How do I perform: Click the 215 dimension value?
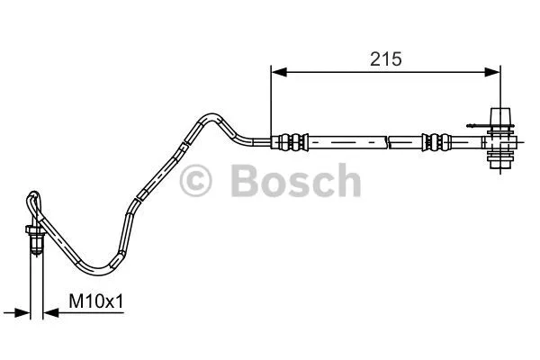[385, 58]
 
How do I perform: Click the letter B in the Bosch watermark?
[246, 181]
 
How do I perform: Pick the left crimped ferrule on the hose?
[290, 140]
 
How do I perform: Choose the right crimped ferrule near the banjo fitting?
[436, 141]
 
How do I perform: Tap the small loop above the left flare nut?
[34, 202]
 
